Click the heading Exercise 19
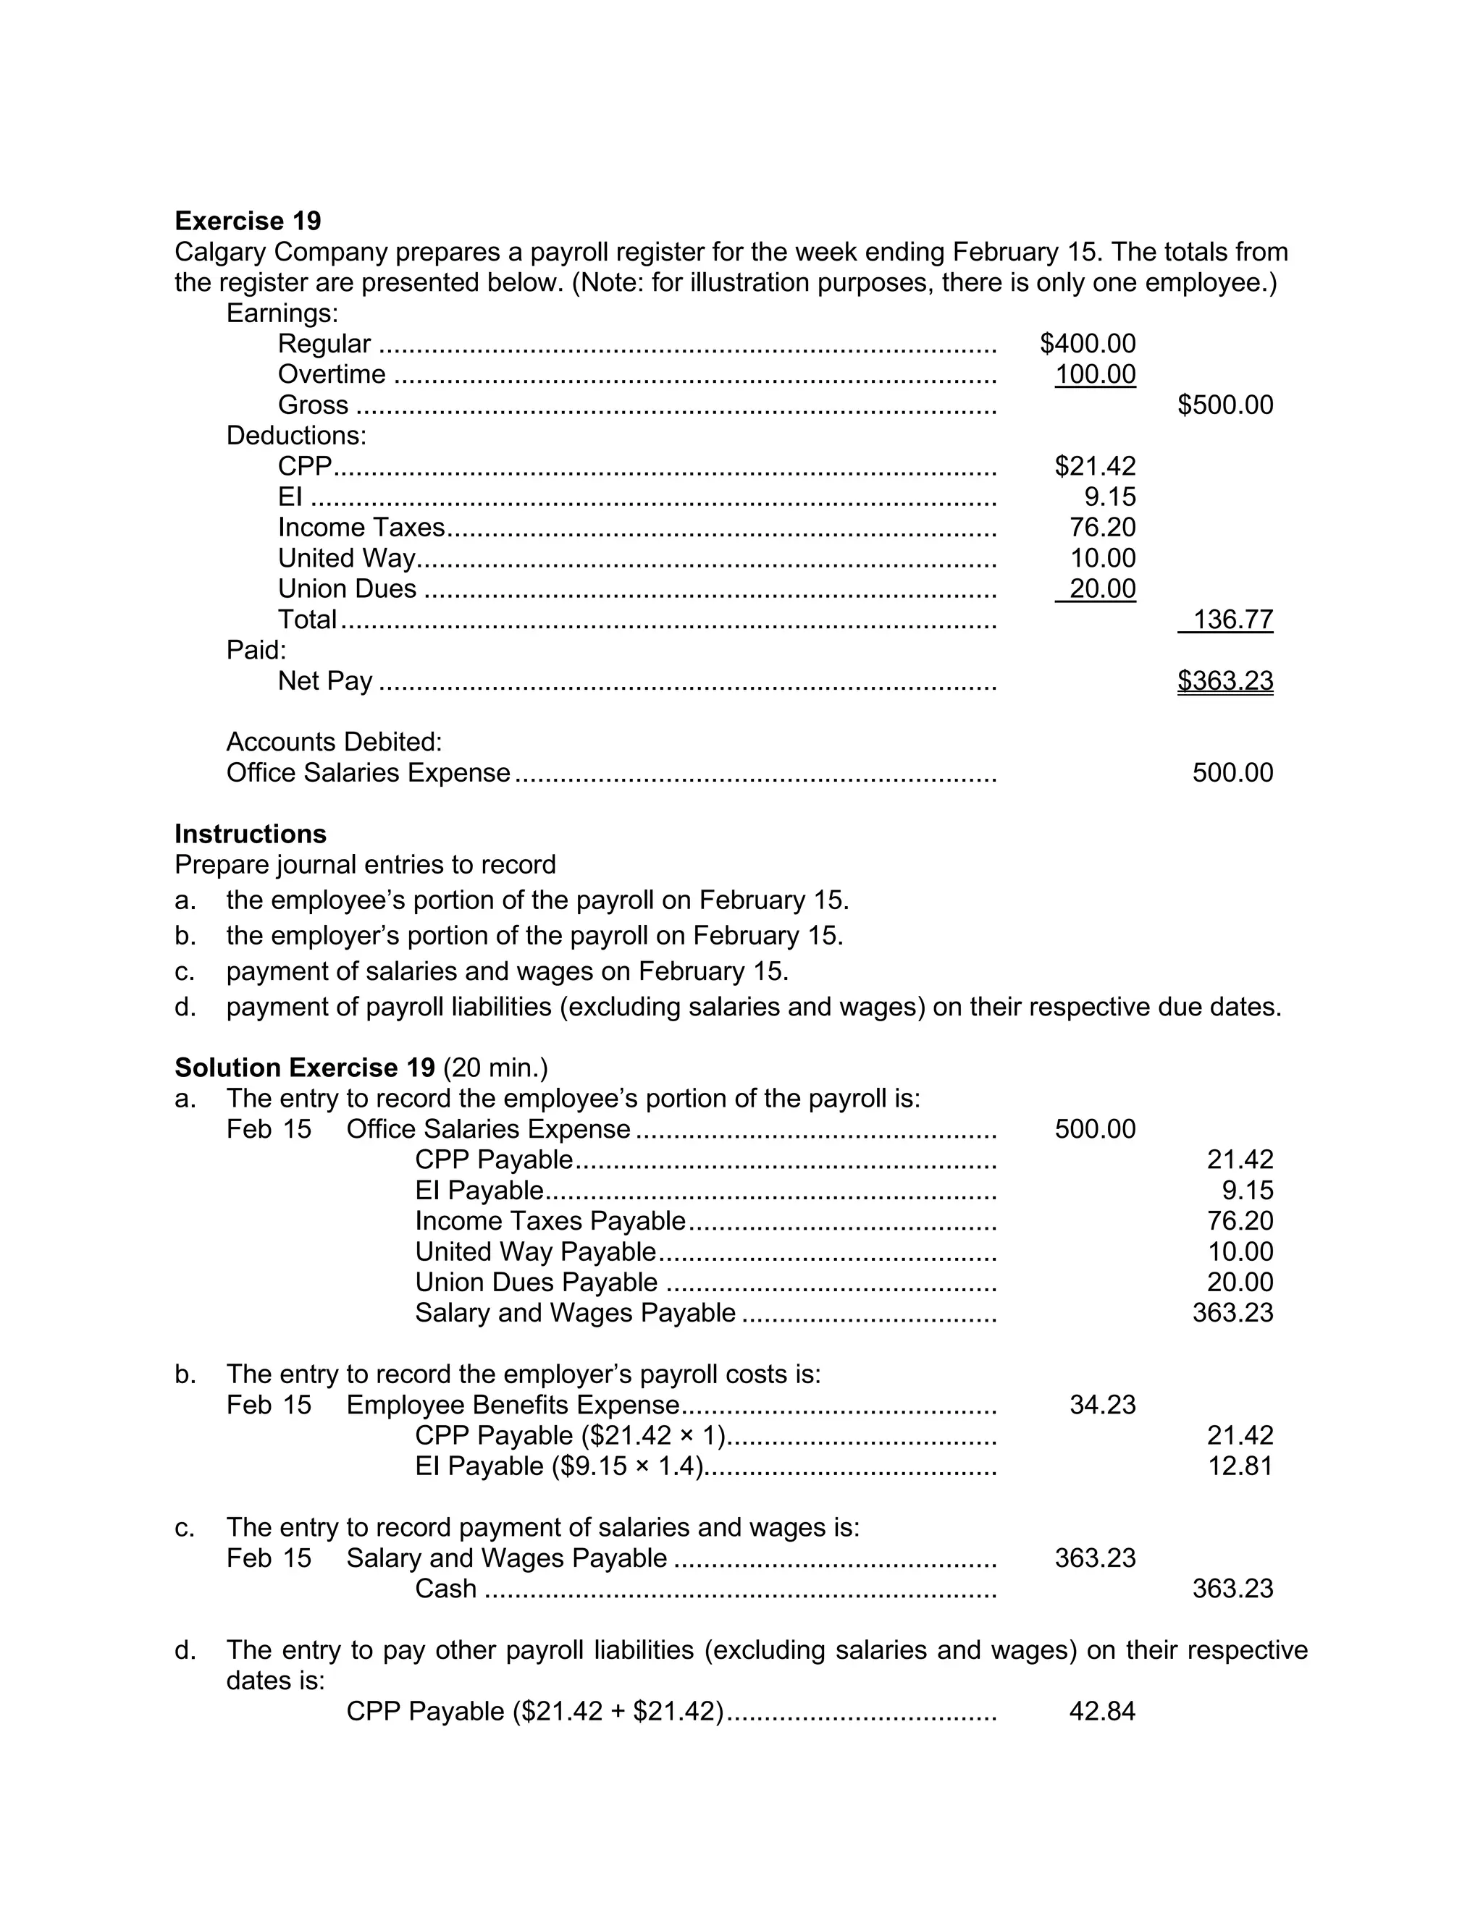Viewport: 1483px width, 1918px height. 248,221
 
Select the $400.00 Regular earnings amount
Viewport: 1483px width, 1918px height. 1087,343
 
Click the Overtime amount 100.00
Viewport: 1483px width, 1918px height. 1095,374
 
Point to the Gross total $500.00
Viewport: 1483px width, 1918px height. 1224,405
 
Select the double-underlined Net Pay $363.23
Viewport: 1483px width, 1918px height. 1224,680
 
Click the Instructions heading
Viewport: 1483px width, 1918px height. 251,833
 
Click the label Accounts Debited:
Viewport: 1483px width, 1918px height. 334,742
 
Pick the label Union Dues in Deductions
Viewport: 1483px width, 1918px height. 347,588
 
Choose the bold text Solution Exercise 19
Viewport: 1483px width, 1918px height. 305,1067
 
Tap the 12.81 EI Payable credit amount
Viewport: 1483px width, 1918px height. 1240,1466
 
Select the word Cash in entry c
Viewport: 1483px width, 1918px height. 445,1589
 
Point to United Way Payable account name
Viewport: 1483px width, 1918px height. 535,1251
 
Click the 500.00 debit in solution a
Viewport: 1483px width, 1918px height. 1095,1128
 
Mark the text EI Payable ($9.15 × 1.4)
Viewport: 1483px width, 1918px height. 559,1466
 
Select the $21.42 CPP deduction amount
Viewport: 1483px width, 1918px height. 1095,465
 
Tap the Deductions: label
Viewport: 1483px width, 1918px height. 296,436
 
